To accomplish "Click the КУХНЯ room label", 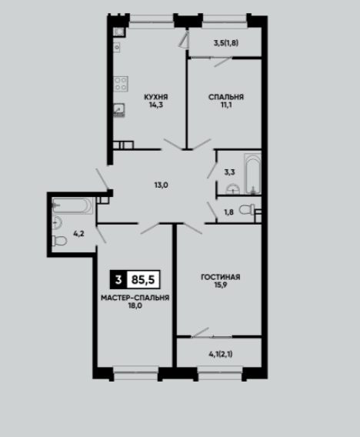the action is click(155, 97).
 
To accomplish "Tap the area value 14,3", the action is click(156, 105).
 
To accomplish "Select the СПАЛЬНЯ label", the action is click(226, 97).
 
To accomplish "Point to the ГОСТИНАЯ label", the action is click(221, 277).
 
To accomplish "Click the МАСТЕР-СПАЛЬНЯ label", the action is click(135, 298).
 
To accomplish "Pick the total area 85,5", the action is click(143, 279).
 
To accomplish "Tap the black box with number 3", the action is click(118, 279).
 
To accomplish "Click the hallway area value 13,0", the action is click(162, 185).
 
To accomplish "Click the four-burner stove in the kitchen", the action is click(121, 84).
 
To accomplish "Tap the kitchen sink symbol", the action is click(119, 110).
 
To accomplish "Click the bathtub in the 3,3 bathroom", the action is click(253, 173).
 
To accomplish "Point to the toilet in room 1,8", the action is click(247, 209).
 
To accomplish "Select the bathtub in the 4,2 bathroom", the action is click(72, 205).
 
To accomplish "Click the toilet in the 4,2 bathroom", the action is click(59, 241).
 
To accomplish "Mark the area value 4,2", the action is click(78, 234).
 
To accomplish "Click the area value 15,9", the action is click(221, 285).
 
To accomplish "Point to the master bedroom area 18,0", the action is click(135, 305).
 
